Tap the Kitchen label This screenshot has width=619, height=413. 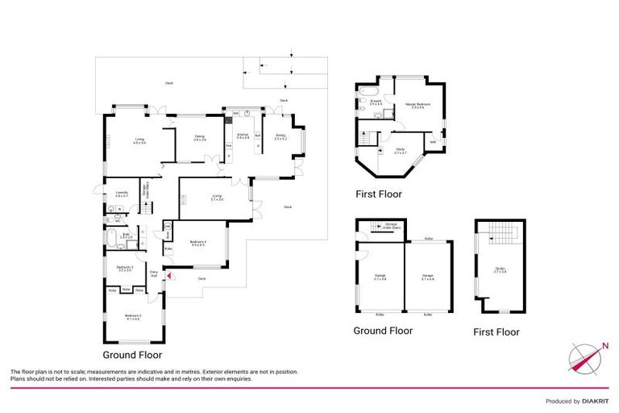tap(242, 137)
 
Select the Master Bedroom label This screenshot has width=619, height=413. tap(417, 106)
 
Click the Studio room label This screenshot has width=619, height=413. tap(500, 271)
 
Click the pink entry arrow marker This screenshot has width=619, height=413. tap(168, 277)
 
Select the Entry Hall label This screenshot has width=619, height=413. tap(153, 274)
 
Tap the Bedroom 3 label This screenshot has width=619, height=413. tap(124, 269)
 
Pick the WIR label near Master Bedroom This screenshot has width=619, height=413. tap(433, 142)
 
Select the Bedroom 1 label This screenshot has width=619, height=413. tap(132, 317)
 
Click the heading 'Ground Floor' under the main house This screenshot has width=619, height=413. tap(132, 354)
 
